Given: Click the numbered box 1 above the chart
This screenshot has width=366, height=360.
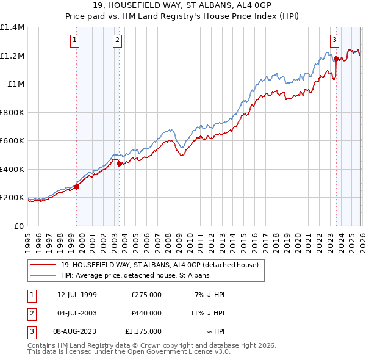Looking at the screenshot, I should click(74, 41).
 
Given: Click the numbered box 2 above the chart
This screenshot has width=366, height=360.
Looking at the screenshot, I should click(117, 41).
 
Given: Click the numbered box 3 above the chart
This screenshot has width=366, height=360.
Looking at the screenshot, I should click(335, 41).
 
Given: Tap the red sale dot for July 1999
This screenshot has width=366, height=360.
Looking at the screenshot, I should click(77, 187).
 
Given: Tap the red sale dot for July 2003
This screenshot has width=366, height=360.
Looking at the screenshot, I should click(119, 164).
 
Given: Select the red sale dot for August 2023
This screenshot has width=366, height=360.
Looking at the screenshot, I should click(336, 59).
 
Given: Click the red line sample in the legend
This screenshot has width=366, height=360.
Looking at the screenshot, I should click(45, 265).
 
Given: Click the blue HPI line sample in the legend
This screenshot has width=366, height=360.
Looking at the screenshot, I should click(45, 275).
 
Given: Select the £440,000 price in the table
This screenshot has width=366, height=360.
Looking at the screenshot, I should click(146, 313).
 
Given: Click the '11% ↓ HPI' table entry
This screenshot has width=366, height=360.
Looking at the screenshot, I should click(208, 313).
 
